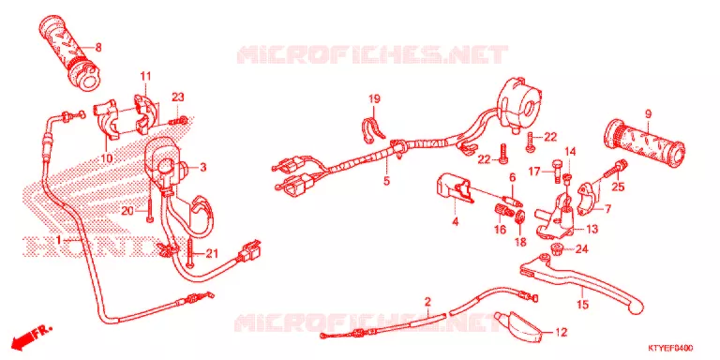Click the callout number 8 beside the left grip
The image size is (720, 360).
(x=98, y=46)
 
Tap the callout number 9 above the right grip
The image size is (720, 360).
(x=648, y=113)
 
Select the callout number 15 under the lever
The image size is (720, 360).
(x=583, y=304)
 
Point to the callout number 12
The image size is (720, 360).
(x=562, y=332)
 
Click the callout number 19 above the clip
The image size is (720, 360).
(x=375, y=98)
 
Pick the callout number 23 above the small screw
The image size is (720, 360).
(x=178, y=97)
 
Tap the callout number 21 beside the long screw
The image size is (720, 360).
(x=211, y=253)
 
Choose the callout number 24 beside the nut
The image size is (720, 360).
(x=581, y=249)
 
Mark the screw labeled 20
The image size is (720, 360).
(x=150, y=201)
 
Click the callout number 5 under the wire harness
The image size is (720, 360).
(x=386, y=181)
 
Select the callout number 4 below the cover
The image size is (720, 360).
(x=455, y=222)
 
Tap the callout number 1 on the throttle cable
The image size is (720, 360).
(x=59, y=240)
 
